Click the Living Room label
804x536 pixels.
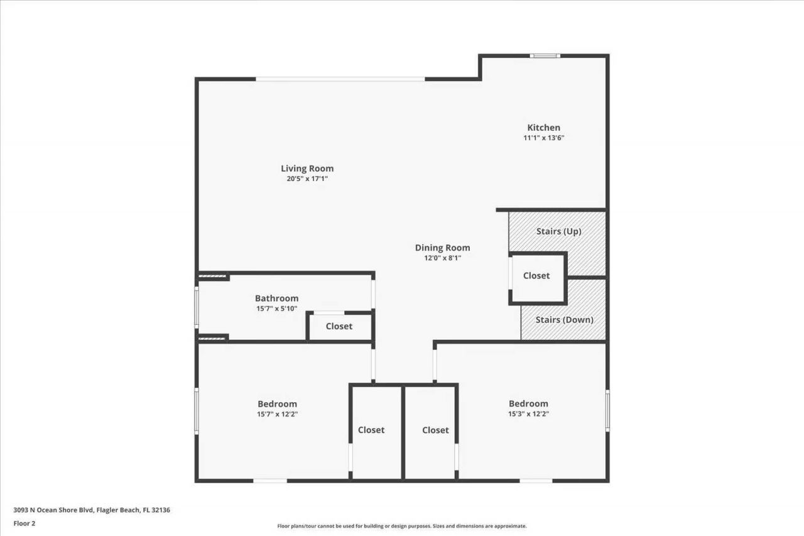(307, 168)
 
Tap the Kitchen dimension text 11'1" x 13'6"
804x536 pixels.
(543, 138)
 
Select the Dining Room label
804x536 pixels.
(442, 248)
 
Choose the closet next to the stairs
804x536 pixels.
(536, 276)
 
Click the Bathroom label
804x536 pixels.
(276, 298)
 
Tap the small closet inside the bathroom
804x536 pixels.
(339, 327)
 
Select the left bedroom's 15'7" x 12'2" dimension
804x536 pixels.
(277, 414)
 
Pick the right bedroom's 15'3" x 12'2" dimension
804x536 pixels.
(528, 414)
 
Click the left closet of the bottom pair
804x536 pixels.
(371, 430)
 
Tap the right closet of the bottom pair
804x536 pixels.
(435, 430)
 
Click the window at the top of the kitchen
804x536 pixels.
(545, 56)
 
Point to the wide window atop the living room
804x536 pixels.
(340, 79)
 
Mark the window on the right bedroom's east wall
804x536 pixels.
(607, 410)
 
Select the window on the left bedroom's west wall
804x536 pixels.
(197, 410)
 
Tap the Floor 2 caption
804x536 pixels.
(24, 523)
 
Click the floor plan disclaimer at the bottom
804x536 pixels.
(402, 526)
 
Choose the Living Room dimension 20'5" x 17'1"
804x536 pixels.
(307, 179)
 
